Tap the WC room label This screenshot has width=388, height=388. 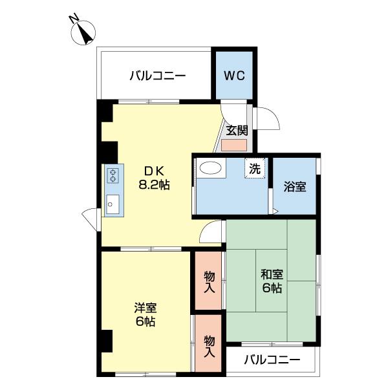[234, 74]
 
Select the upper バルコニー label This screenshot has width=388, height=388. [157, 76]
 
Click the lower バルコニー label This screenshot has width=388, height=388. [272, 360]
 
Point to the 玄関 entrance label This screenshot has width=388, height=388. [236, 129]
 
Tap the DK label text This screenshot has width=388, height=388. [154, 171]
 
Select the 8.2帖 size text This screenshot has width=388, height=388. [154, 184]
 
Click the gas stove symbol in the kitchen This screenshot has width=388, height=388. [113, 177]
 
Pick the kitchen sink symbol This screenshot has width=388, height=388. [112, 205]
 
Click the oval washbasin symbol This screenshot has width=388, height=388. [211, 168]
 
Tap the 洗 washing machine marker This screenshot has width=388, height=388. [255, 169]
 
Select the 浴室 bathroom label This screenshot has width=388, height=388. [294, 188]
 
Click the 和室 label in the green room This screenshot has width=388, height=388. [272, 274]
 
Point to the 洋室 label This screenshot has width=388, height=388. [144, 307]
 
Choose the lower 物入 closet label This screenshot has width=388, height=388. [209, 347]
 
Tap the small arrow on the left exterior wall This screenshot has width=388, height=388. [89, 215]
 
